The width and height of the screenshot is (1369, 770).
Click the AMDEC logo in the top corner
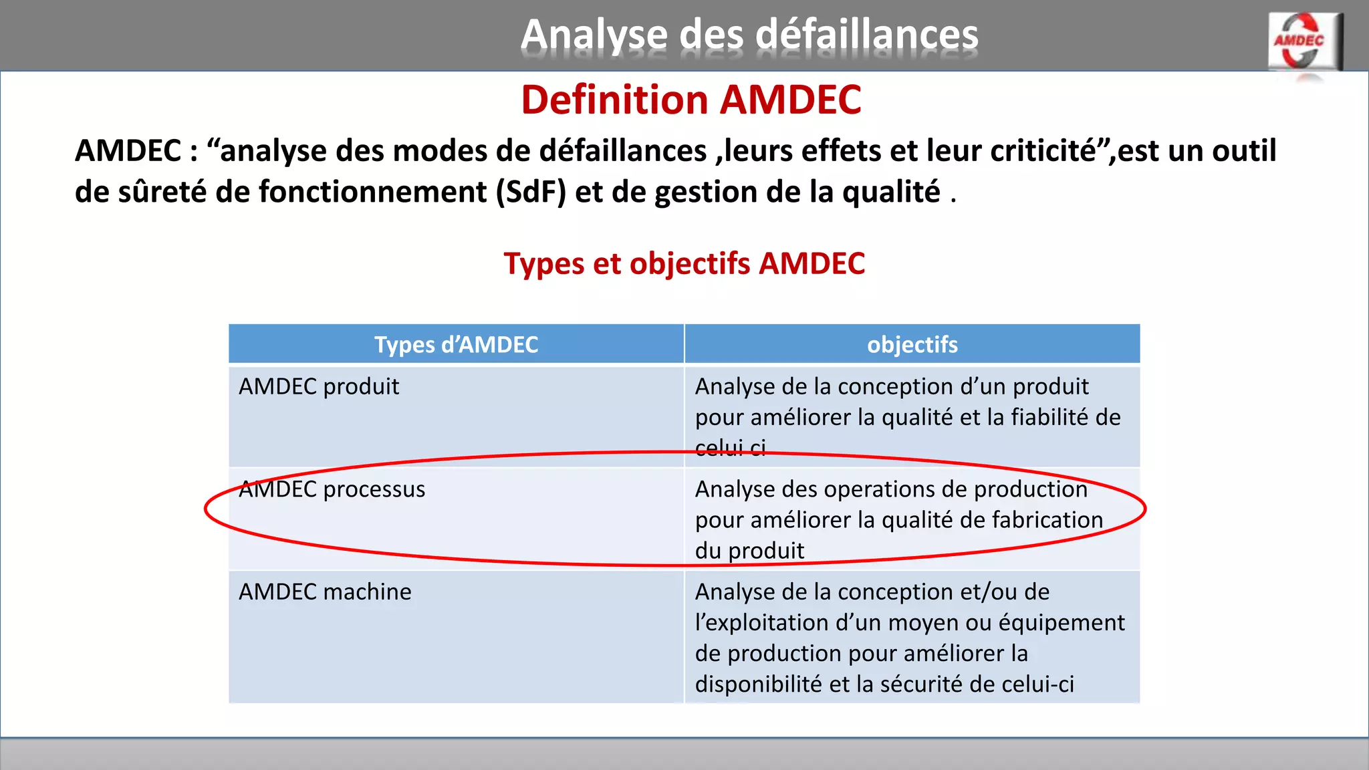[x=1304, y=42]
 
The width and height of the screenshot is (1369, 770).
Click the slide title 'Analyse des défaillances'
[x=749, y=34]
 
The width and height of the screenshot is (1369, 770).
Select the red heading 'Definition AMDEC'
[x=691, y=100]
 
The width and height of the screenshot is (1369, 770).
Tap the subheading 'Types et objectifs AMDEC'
[x=684, y=263]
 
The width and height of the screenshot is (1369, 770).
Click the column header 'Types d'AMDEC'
[x=456, y=345]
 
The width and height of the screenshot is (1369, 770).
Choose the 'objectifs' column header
[x=912, y=345]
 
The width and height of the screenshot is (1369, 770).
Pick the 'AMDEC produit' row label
[x=319, y=387]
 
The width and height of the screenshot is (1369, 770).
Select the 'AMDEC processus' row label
[x=332, y=489]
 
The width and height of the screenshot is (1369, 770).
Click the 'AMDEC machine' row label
[x=325, y=592]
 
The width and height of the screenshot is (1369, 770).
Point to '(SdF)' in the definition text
[x=531, y=192]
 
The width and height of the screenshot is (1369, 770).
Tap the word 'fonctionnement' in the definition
[x=372, y=192]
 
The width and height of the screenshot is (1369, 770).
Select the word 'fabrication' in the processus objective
[x=1047, y=520]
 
